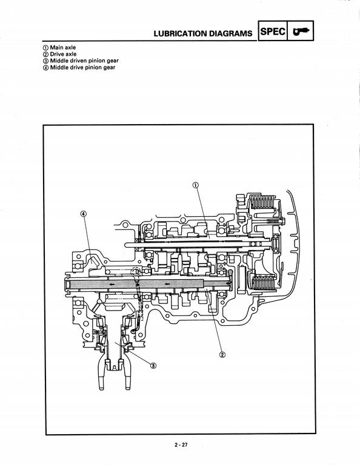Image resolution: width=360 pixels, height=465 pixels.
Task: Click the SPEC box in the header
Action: pyautogui.click(x=273, y=30)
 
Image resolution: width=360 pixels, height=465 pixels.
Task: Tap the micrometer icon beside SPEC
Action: pyautogui.click(x=301, y=31)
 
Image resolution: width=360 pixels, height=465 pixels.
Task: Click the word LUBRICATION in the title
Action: pyautogui.click(x=181, y=33)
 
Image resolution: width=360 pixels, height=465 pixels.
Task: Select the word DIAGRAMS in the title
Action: pyautogui.click(x=231, y=33)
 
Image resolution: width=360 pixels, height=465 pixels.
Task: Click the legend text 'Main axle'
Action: pyautogui.click(x=62, y=47)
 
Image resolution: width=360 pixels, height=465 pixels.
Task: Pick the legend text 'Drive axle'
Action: pyautogui.click(x=63, y=54)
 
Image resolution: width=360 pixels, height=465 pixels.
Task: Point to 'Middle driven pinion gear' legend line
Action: pyautogui.click(x=84, y=61)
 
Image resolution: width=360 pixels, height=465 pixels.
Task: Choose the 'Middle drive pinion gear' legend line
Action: pyautogui.click(x=82, y=67)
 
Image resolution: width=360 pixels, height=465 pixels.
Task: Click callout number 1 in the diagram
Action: pyautogui.click(x=196, y=185)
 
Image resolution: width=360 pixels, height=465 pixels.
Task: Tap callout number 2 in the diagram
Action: pyautogui.click(x=222, y=354)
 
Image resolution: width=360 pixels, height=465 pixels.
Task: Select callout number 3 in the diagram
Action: pyautogui.click(x=153, y=365)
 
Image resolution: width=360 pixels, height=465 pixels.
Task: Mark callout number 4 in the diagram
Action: pyautogui.click(x=84, y=214)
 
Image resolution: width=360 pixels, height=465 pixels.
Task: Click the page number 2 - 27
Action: pyautogui.click(x=181, y=445)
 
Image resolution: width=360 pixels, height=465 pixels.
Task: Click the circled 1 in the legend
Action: pyautogui.click(x=45, y=48)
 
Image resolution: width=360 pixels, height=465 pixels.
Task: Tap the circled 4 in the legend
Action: pyautogui.click(x=45, y=68)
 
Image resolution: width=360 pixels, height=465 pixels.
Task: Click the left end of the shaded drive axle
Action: pyautogui.click(x=66, y=284)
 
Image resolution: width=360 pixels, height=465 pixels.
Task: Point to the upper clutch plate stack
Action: pyautogui.click(x=262, y=202)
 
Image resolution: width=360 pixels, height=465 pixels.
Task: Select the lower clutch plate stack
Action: pyautogui.click(x=262, y=283)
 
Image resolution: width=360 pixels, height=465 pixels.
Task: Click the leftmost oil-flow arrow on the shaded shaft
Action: pyautogui.click(x=112, y=284)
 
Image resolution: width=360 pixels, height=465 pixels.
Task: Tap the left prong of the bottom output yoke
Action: pyautogui.click(x=101, y=374)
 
